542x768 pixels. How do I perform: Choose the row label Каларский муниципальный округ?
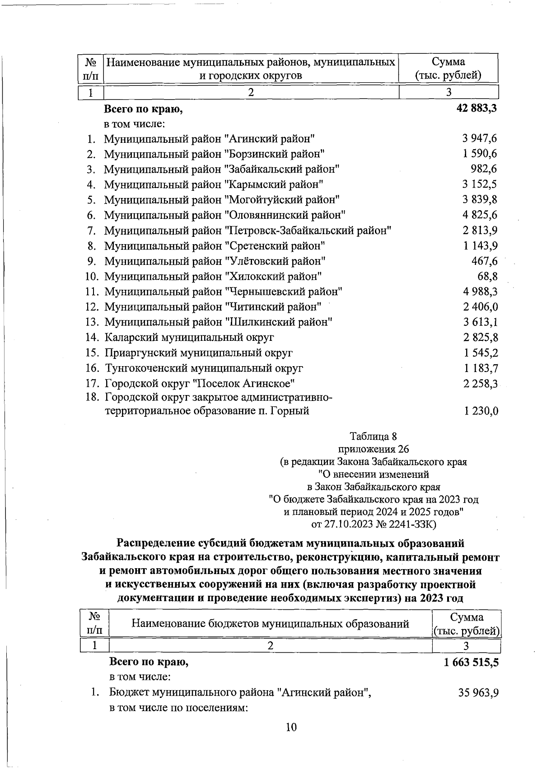pos(189,338)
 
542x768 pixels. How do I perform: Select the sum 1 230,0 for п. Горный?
pos(481,411)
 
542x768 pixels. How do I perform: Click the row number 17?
pos(92,384)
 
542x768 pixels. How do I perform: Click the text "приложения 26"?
pos(374,449)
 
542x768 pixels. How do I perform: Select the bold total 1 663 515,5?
pos(471,663)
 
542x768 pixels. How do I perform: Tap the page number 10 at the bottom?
pos(291,727)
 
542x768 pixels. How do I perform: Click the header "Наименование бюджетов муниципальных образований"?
pos(270,624)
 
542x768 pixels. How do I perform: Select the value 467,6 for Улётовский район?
pos(485,261)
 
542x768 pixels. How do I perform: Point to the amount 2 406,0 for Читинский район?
pos(480,307)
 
